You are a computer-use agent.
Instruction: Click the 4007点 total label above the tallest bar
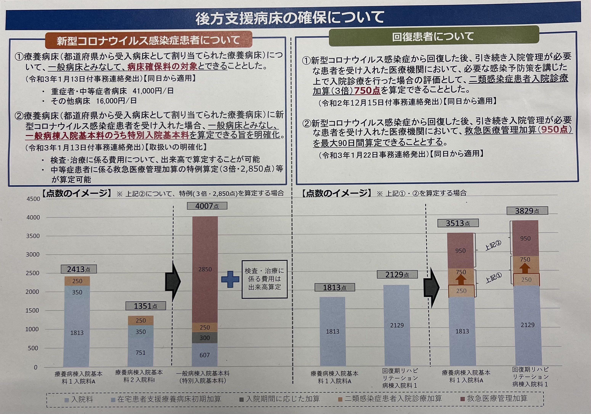click(x=207, y=206)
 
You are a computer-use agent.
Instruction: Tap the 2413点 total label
click(x=79, y=269)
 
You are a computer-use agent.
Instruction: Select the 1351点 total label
click(x=146, y=306)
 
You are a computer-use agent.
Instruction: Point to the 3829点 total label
click(x=527, y=211)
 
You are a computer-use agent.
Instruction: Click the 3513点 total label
click(x=458, y=223)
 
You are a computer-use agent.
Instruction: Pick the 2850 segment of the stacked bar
click(x=205, y=269)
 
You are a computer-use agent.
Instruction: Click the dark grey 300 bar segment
click(x=205, y=338)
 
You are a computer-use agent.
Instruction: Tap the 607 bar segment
click(x=205, y=355)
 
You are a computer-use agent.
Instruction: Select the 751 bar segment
click(x=140, y=352)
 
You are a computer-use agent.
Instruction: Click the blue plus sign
click(x=230, y=279)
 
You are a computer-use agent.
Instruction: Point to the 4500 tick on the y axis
click(x=34, y=199)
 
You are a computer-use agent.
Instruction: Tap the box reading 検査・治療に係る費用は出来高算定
click(x=264, y=279)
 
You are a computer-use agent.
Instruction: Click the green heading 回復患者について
click(x=433, y=37)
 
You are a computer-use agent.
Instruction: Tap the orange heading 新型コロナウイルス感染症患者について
click(x=148, y=40)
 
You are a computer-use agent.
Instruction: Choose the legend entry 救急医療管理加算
click(x=494, y=399)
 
